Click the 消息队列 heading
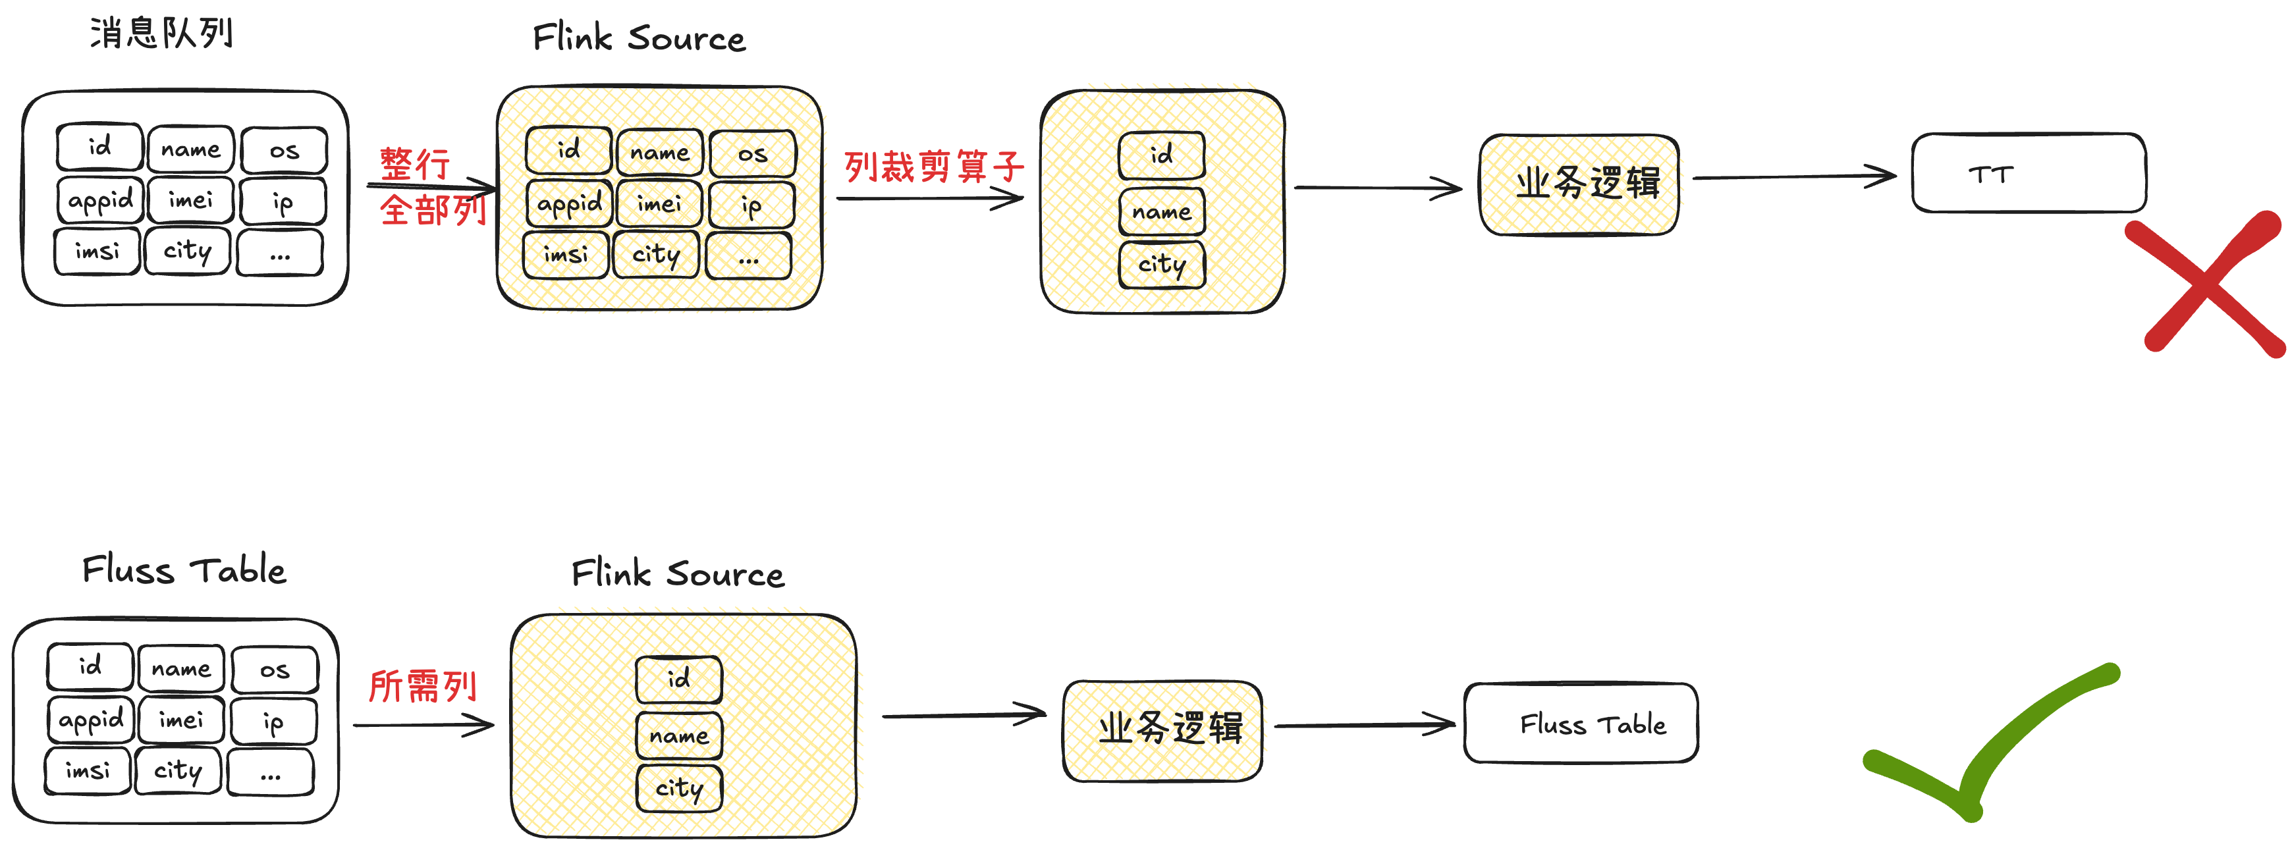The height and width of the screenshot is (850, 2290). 161,34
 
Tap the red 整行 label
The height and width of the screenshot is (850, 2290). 415,163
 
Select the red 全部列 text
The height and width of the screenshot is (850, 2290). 433,210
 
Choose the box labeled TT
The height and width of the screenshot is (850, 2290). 2029,173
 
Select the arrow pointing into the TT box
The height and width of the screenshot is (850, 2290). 1794,177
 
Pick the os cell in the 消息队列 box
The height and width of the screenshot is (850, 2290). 285,150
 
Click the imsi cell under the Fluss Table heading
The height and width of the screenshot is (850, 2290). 88,770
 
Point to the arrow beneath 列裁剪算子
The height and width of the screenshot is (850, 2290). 930,198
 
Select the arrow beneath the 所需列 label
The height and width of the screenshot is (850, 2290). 423,725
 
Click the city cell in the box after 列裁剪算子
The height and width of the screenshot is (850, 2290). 1162,265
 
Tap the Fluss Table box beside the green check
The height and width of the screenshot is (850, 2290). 1581,723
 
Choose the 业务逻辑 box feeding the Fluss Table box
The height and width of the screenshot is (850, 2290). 1162,731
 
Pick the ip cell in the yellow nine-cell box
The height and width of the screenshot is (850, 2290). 752,205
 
